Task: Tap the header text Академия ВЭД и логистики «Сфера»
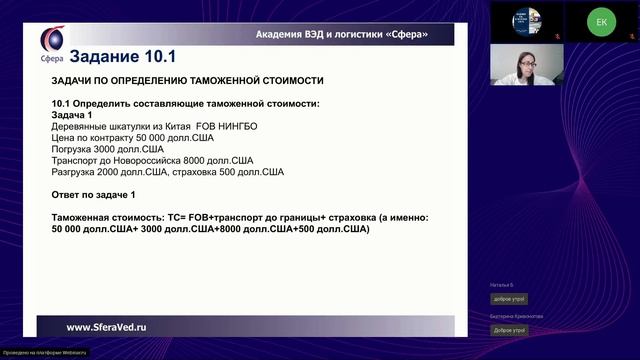[x=342, y=34]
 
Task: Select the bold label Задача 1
[x=78, y=115]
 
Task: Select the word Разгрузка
[x=77, y=172]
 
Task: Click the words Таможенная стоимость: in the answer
[x=108, y=217]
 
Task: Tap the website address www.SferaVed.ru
[x=107, y=327]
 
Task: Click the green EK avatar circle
[x=601, y=21]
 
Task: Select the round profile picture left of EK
[x=527, y=21]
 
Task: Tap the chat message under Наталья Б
[x=508, y=299]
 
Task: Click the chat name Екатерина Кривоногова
[x=516, y=316]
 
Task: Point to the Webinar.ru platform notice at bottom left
[x=45, y=353]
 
